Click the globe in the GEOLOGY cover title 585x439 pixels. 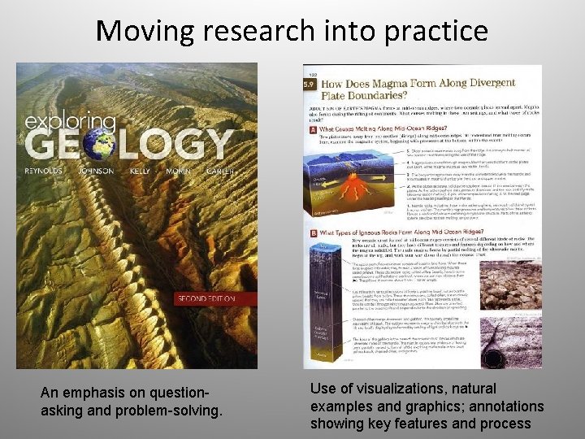click(99, 142)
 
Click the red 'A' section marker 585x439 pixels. click(312, 128)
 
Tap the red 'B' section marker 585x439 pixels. click(312, 234)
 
